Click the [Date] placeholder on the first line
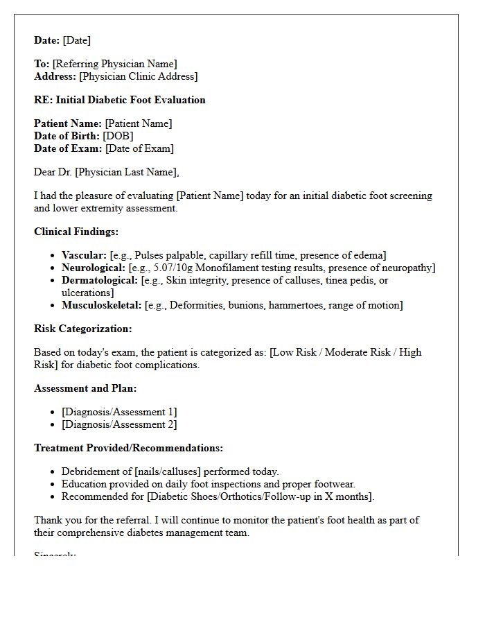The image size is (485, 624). click(76, 40)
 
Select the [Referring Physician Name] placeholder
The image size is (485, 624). click(114, 64)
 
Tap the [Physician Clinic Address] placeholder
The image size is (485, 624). click(138, 76)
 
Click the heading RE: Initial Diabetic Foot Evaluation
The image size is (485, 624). click(120, 100)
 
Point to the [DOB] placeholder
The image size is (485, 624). click(118, 136)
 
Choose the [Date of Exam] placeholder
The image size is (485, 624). click(139, 148)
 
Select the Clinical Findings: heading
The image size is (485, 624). click(76, 232)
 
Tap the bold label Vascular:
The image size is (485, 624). click(84, 255)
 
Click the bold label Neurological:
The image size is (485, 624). click(94, 268)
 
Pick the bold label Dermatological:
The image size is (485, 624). click(100, 280)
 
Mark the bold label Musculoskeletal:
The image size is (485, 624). click(101, 305)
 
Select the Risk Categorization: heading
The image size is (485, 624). click(82, 329)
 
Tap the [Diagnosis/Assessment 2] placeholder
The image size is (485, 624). click(118, 424)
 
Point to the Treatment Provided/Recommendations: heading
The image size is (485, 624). click(128, 448)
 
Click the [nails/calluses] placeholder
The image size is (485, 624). click(169, 471)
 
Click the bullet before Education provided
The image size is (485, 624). click(53, 484)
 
